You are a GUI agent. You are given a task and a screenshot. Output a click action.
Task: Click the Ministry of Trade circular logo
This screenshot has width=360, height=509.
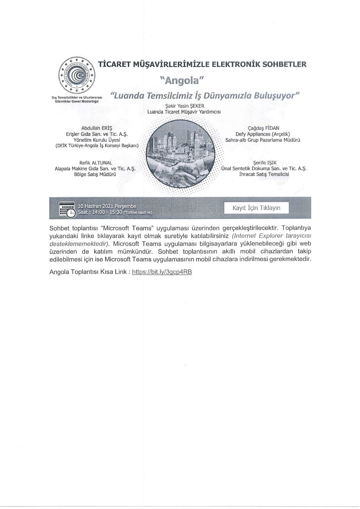(x=76, y=76)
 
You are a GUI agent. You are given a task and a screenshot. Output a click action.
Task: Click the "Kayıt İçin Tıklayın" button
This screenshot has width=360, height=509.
(x=256, y=208)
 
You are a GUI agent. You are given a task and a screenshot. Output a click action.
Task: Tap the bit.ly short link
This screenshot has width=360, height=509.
(x=162, y=271)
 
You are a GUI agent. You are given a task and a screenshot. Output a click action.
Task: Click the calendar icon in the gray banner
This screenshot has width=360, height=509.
(x=67, y=208)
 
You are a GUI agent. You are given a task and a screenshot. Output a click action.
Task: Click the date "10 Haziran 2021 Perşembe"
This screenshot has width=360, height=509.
(x=107, y=206)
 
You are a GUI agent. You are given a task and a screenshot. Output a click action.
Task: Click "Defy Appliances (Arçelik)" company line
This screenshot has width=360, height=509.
(x=263, y=134)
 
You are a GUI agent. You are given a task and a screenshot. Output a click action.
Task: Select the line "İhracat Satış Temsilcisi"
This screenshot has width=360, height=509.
(x=264, y=174)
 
